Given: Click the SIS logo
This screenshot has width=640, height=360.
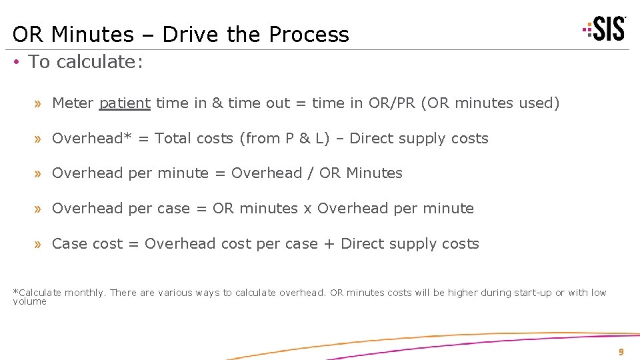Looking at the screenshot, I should pyautogui.click(x=606, y=29).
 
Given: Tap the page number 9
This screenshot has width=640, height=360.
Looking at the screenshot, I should pyautogui.click(x=621, y=352).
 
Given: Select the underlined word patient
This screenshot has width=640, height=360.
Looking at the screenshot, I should pyautogui.click(x=125, y=103).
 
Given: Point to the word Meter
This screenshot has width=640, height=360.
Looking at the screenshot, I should pyautogui.click(x=73, y=103).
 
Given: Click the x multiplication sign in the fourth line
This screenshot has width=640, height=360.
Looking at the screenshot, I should pyautogui.click(x=307, y=209).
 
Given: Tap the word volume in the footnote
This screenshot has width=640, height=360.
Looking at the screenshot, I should pyautogui.click(x=30, y=301).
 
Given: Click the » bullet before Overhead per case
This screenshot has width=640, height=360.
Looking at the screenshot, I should pyautogui.click(x=39, y=209).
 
